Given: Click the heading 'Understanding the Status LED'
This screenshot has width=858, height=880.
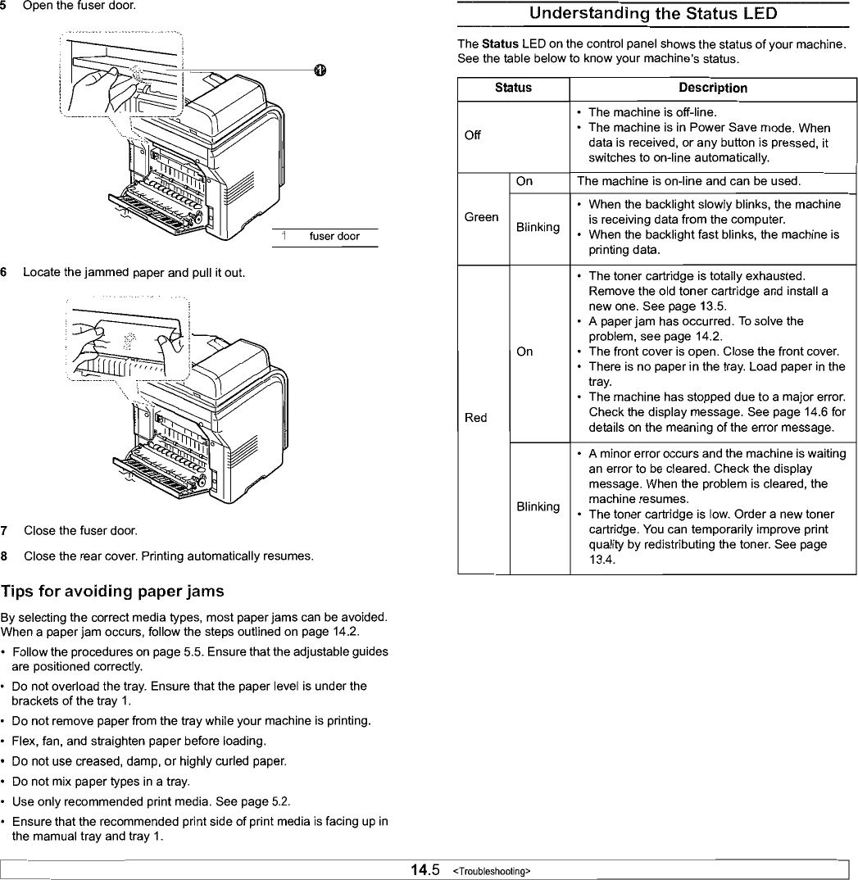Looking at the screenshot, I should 652,14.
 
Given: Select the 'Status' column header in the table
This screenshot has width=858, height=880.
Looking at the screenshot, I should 513,87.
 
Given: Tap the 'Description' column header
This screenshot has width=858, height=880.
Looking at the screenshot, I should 712,88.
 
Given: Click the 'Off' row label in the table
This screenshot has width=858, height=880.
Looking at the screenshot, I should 473,135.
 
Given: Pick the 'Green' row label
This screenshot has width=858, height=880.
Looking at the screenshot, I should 481,217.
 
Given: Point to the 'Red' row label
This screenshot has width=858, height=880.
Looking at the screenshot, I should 476,418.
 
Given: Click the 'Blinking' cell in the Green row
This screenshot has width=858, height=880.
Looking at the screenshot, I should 538,227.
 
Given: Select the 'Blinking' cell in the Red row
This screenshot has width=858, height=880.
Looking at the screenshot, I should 538,506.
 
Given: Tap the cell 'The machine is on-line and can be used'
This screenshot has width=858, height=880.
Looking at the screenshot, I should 688,180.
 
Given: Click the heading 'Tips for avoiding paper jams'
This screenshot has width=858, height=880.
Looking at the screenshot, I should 112,592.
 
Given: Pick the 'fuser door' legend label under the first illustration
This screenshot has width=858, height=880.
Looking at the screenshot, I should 334,237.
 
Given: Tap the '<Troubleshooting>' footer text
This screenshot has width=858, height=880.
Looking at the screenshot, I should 491,870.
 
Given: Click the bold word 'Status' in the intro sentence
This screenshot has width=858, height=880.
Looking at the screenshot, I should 496,43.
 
